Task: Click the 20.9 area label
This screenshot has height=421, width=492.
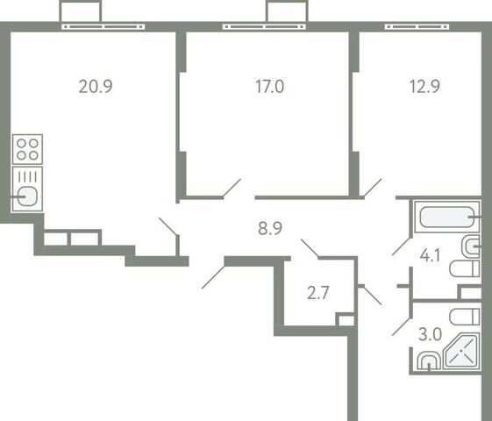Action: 96,86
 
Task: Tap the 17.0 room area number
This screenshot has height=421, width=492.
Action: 269,86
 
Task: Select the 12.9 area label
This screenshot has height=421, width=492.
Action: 424,86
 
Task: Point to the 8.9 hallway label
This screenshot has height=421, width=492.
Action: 270,228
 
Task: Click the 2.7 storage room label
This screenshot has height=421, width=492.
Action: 317,293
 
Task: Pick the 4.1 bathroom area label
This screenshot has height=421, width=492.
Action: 430,255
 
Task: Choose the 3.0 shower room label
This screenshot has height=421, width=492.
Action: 430,334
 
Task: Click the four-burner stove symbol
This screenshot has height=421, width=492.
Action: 27,149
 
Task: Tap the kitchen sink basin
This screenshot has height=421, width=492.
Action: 27,196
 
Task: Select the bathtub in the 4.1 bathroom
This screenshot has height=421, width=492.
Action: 447,218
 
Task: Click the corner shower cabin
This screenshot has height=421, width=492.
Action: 461,351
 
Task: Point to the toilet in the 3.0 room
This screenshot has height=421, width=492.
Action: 465,317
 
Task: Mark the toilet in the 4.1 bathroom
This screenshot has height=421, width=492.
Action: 465,269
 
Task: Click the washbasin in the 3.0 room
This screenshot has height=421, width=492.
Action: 429,360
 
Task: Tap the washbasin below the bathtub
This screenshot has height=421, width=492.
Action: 471,246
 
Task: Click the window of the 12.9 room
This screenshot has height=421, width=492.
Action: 417,26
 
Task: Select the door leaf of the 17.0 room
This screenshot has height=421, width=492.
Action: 232,189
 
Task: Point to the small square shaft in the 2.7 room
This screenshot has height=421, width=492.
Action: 346,319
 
